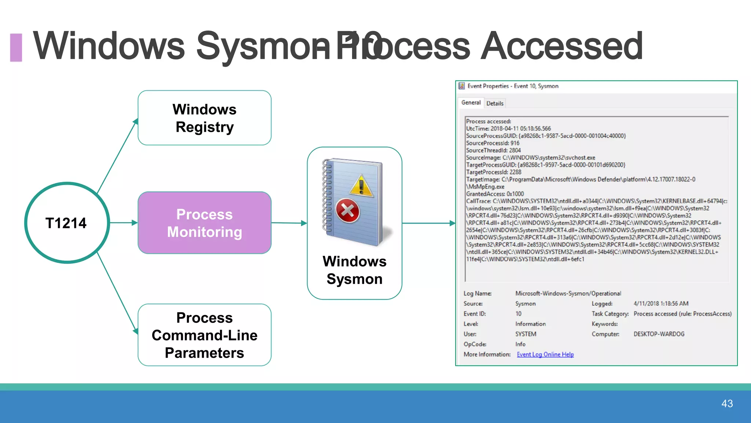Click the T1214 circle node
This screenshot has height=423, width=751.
(67, 223)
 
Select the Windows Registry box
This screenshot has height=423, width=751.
(205, 118)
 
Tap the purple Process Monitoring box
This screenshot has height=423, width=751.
(205, 223)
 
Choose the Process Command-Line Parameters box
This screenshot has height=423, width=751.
(205, 335)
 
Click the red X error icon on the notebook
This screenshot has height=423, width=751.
(347, 210)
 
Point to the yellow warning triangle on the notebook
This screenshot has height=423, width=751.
(362, 185)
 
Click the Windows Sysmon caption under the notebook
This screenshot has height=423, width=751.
(355, 270)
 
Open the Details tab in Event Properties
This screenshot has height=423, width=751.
(495, 104)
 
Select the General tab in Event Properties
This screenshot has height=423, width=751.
(471, 103)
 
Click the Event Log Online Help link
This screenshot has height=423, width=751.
(545, 354)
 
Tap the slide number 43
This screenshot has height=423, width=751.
(727, 404)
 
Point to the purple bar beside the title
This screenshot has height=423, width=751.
(16, 47)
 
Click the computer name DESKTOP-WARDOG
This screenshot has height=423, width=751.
(659, 334)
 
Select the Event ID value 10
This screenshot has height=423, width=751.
(518, 314)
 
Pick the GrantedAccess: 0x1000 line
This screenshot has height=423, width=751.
(495, 194)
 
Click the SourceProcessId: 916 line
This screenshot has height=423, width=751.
(492, 143)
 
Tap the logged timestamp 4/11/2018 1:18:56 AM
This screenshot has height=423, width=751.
(661, 304)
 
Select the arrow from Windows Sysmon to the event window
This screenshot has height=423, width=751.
(428, 223)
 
